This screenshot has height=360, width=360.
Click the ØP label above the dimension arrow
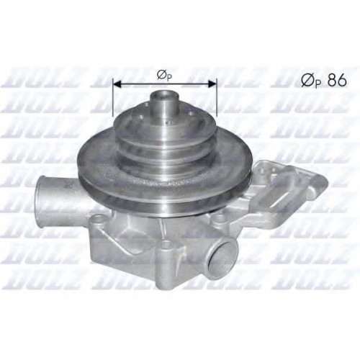(x=164, y=76)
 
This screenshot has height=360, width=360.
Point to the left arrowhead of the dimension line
(x=117, y=84)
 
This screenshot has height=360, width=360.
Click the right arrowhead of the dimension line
(x=212, y=84)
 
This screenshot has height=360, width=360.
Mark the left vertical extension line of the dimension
(x=112, y=97)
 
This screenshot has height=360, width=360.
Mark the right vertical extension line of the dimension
(x=217, y=97)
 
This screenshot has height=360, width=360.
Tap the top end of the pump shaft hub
(x=164, y=93)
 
